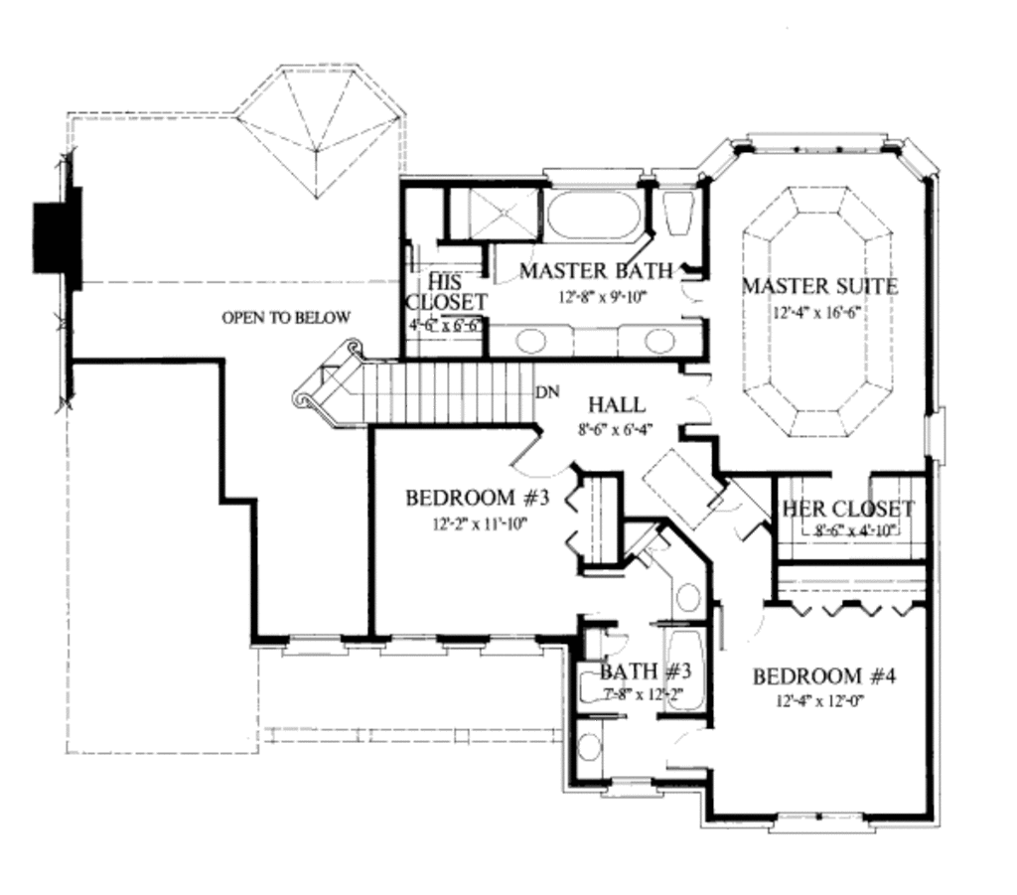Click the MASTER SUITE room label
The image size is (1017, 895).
tap(820, 287)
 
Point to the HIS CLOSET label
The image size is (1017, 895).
tap(446, 291)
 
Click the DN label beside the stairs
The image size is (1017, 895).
tap(546, 390)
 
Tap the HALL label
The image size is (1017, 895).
tap(616, 405)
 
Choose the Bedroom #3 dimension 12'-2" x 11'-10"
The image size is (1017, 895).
tap(466, 522)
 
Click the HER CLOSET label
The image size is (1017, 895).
tap(848, 510)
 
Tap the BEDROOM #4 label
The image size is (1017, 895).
tap(824, 676)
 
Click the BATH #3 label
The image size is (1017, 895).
tap(639, 672)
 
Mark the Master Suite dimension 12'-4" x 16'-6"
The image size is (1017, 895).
tap(820, 313)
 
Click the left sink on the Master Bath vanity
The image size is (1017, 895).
tap(532, 341)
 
